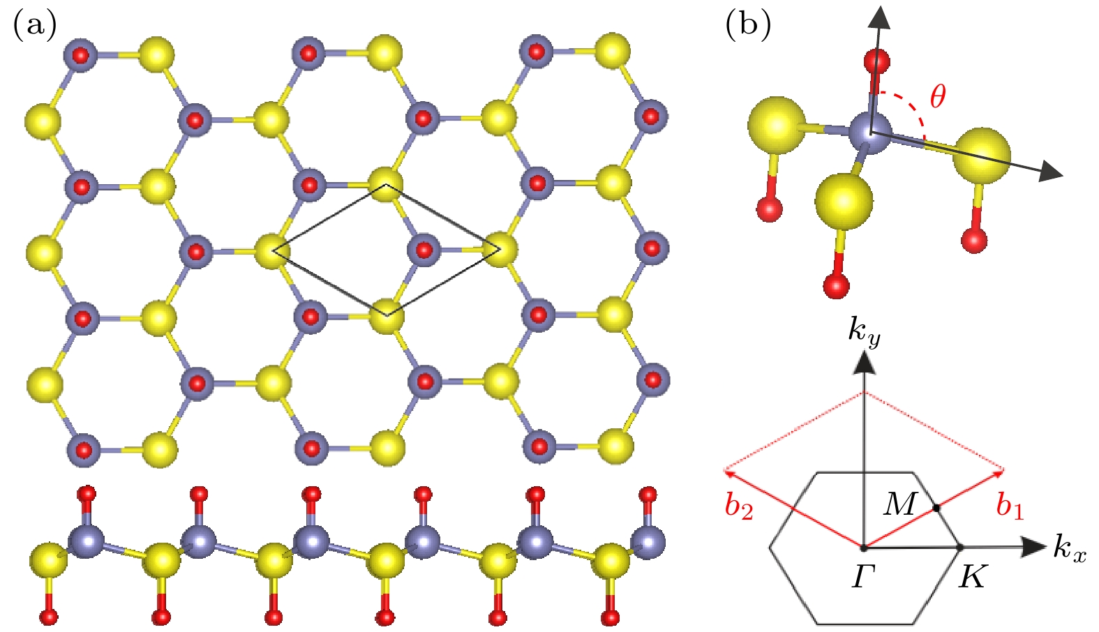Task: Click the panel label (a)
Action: (x=34, y=24)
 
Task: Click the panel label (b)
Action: (x=748, y=24)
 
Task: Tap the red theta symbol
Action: (x=938, y=96)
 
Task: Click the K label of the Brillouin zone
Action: (x=972, y=577)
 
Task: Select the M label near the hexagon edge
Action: (x=900, y=504)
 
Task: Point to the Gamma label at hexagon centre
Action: (x=864, y=577)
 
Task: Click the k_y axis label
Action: (x=864, y=334)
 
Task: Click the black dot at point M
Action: (x=936, y=508)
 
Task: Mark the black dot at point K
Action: (x=961, y=547)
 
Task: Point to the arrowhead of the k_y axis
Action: (x=864, y=363)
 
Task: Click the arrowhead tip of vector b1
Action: (x=1004, y=470)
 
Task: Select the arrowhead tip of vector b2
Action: (x=724, y=471)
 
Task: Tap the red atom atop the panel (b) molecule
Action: (x=876, y=63)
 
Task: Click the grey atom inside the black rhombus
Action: (x=424, y=250)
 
